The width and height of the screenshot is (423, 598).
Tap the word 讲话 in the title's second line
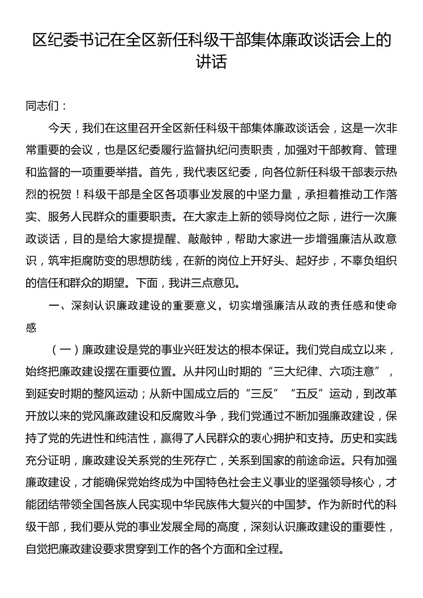pyautogui.click(x=211, y=62)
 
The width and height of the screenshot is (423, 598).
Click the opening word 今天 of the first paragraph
pyautogui.click(x=60, y=129)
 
